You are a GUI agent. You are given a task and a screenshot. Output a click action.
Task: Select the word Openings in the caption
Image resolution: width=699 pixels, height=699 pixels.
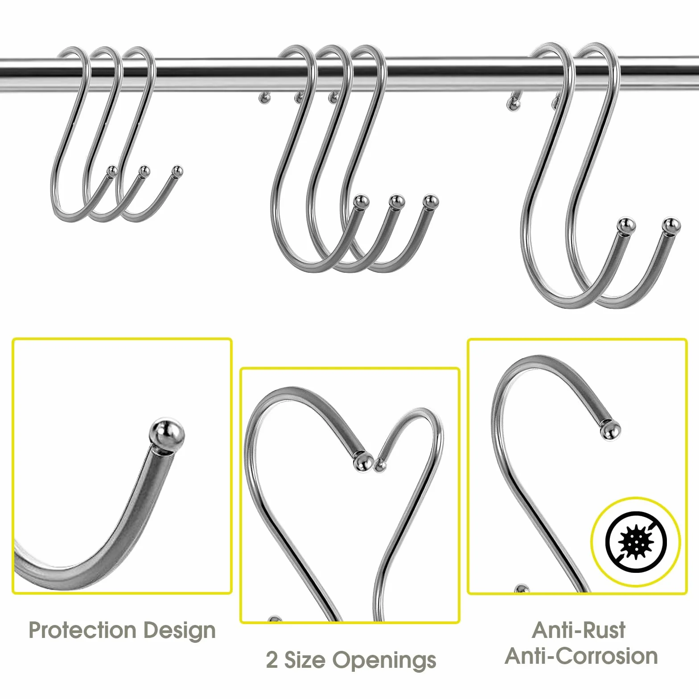[384, 661]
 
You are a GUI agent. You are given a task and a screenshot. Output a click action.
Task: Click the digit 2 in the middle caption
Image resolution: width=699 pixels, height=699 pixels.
[271, 660]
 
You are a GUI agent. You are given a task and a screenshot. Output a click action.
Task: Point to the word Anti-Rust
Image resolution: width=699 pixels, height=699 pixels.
[579, 630]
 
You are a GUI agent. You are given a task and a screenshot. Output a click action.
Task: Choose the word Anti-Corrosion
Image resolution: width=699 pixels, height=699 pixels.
[581, 656]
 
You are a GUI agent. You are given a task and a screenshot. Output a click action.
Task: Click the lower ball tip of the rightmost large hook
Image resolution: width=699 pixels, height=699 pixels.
[671, 226]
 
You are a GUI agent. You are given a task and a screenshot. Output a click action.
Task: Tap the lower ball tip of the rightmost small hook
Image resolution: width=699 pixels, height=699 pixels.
[177, 171]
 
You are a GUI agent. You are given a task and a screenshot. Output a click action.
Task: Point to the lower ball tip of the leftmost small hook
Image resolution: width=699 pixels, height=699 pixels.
[112, 171]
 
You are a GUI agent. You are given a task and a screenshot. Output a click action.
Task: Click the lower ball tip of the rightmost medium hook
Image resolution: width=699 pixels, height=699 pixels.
[431, 202]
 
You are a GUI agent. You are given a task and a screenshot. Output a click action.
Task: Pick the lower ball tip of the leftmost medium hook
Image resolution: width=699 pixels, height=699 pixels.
[362, 202]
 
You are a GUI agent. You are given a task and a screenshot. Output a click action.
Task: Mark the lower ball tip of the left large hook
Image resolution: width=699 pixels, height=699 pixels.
[626, 226]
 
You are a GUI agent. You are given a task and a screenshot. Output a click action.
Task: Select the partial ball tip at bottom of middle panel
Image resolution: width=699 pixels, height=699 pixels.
[275, 619]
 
